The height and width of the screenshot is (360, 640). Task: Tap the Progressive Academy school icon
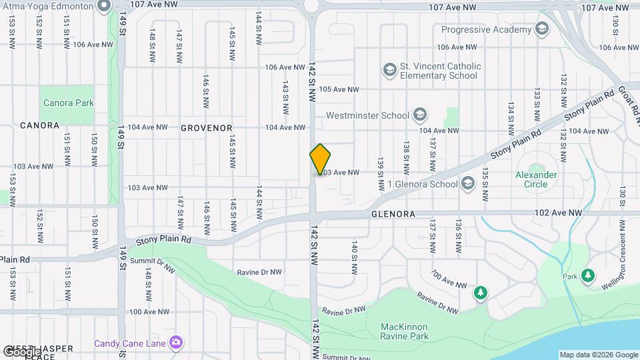coord(542,29)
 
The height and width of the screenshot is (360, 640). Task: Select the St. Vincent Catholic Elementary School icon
coord(389,69)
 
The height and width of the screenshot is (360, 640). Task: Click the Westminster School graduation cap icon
coord(419,115)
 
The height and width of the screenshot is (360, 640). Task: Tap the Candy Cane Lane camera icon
coord(176,343)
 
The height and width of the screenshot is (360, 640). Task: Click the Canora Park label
coord(68,103)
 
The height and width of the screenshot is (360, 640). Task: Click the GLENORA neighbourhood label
coord(393,214)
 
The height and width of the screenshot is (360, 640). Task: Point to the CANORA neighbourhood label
coord(39,125)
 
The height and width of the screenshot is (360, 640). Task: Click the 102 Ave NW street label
coord(558,213)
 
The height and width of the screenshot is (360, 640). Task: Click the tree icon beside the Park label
coord(587,275)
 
